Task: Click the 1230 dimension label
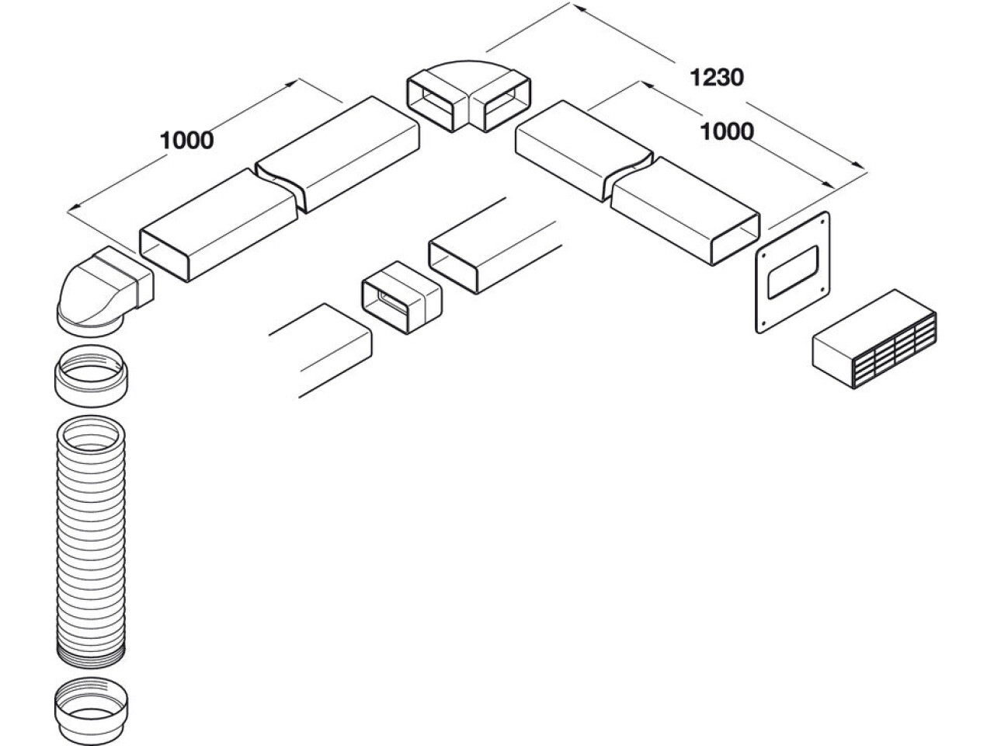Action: pos(718,77)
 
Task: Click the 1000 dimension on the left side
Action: pos(186,141)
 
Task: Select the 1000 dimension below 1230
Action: pos(726,131)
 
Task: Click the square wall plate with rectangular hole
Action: pos(793,273)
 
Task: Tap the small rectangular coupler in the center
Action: pos(401,296)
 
